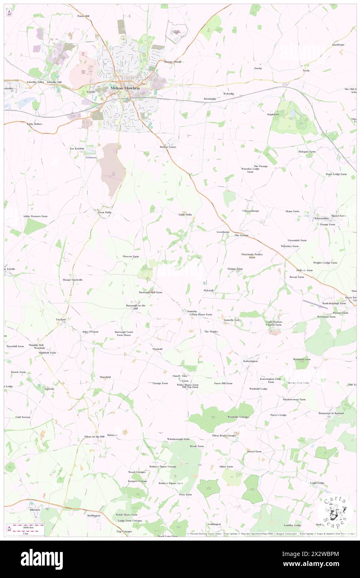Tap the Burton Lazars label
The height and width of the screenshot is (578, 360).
pos(169,147)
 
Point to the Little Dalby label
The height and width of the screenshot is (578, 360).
pos(185,215)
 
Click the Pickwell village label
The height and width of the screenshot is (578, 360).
pos(209,290)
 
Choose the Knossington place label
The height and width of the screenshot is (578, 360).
pos(250,361)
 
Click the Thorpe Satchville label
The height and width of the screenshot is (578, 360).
pos(73,280)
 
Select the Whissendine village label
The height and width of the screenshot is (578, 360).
pos(322,218)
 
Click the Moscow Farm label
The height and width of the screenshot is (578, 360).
pos(131,257)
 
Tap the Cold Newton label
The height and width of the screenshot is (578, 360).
pos(23,417)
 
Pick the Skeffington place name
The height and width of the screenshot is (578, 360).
pos(94,515)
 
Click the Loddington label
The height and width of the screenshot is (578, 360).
pos(214,524)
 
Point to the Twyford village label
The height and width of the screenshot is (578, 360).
pos(61,319)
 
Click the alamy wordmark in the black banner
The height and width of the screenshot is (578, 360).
pos(42,559)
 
